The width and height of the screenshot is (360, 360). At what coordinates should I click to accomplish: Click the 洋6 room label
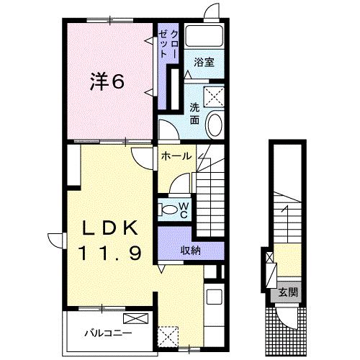pos(107,81)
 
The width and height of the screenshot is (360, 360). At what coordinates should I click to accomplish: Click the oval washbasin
pos(215,125)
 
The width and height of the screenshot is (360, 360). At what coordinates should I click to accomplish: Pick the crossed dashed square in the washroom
pos(214,96)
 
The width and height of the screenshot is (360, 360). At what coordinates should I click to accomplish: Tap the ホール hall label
pos(176,155)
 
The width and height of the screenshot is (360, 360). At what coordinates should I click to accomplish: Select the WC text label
pos(184,210)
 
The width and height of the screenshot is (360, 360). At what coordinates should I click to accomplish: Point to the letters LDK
pos(108,228)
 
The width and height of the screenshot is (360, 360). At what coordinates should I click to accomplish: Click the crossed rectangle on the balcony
pos(135,318)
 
